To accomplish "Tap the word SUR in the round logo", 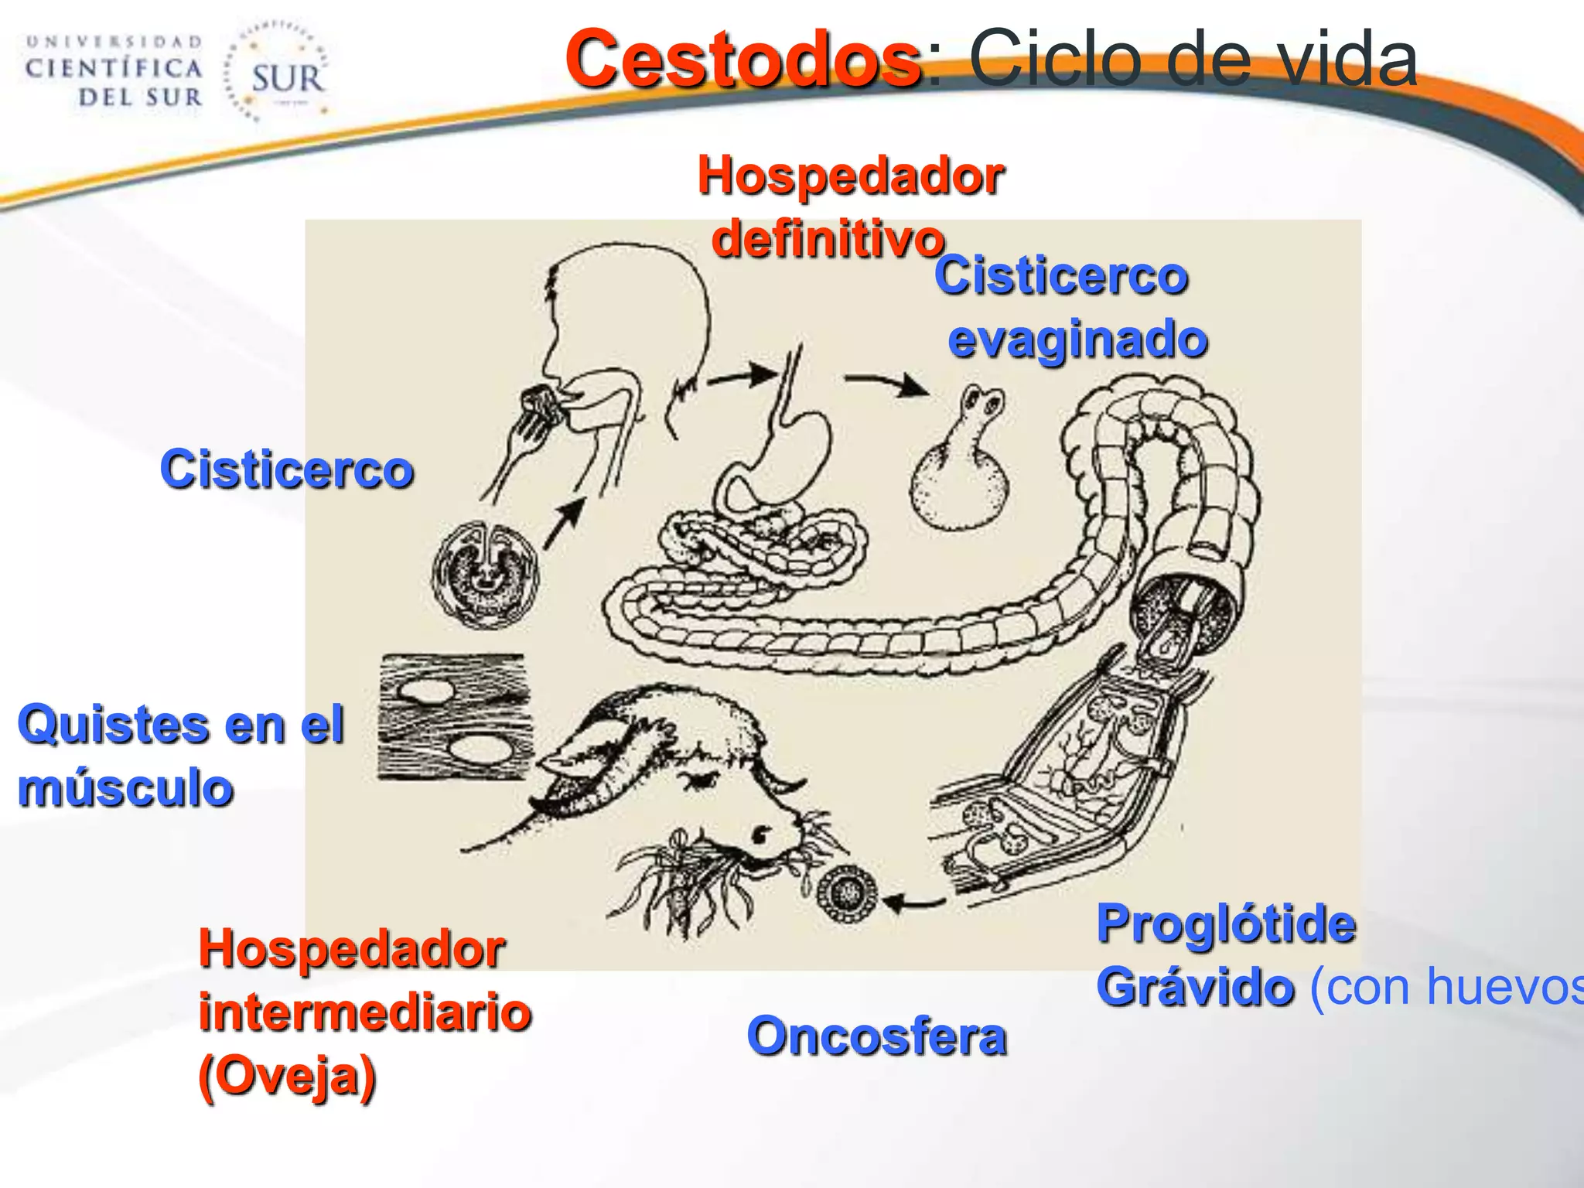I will point(287,78).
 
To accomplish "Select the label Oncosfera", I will point(876,1036).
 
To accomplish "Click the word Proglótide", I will point(1226,923).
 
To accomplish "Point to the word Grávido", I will point(1195,987).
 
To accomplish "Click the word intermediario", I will point(364,1012).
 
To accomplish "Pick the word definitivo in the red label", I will point(828,238).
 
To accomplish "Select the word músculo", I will point(125,789).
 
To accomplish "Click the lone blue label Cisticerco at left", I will point(286,469).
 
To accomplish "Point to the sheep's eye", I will point(762,834).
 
